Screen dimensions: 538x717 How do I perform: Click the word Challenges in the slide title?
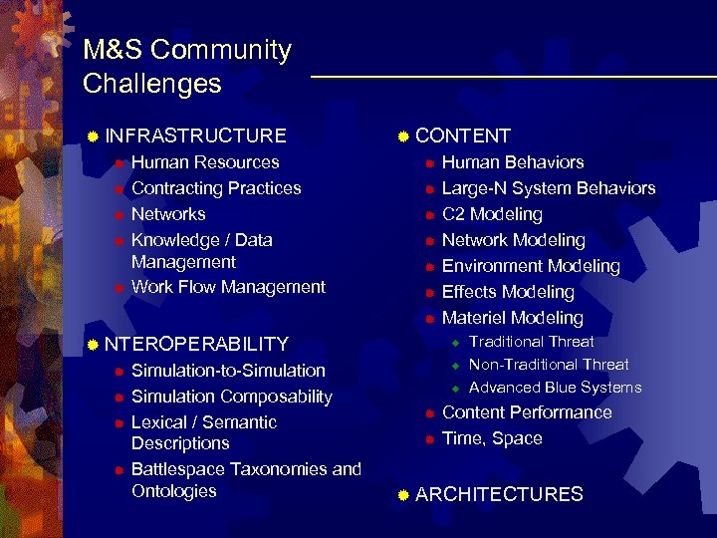152,84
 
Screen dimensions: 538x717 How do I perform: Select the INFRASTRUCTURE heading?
195,135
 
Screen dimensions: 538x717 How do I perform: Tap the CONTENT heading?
463,135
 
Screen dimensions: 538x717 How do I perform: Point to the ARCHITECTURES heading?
499,494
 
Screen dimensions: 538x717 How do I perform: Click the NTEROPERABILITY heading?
196,344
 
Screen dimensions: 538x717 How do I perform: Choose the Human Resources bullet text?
205,162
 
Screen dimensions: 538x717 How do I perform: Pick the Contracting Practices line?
216,188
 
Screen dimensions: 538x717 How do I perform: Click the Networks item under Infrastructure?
168,214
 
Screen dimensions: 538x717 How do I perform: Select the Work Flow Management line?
228,287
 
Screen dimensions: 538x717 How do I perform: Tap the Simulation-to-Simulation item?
228,371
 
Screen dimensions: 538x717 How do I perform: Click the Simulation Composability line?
231,397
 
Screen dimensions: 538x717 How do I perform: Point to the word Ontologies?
173,491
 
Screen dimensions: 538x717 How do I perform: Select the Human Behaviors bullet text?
513,162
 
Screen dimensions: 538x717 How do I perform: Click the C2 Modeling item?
492,214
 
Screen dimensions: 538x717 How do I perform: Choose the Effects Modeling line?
508,292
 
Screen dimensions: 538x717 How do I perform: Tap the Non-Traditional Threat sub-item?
549,365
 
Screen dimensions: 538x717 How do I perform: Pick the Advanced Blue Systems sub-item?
555,388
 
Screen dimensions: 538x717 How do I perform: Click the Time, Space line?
492,438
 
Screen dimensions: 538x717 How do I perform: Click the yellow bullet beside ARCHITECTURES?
401,495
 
